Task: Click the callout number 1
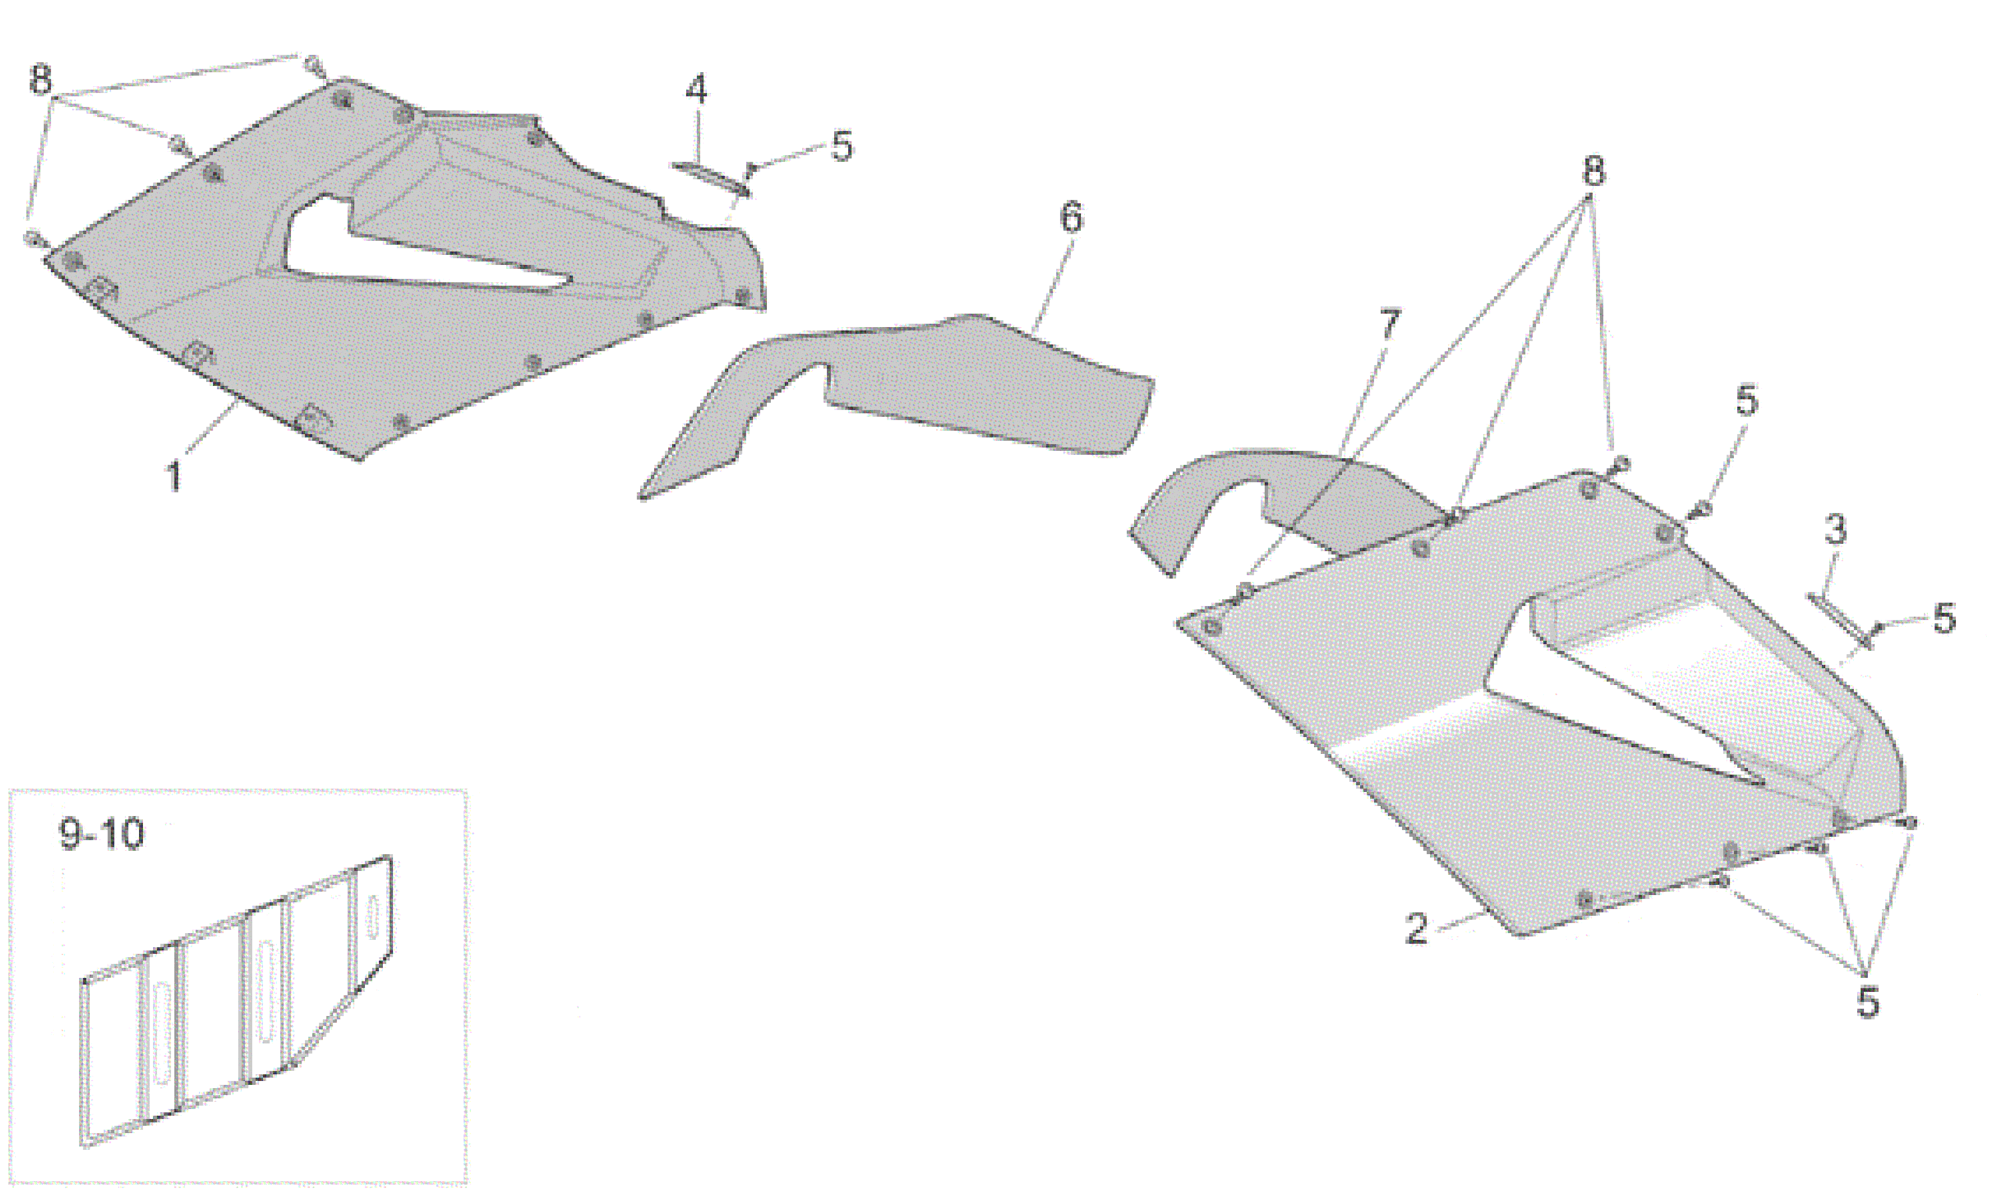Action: [x=174, y=474]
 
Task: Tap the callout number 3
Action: [x=1834, y=530]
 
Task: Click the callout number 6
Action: [x=1071, y=218]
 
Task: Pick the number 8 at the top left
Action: [x=40, y=80]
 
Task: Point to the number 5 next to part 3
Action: [x=1944, y=618]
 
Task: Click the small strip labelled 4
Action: [x=711, y=179]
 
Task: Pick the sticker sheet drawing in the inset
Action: [x=237, y=1001]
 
